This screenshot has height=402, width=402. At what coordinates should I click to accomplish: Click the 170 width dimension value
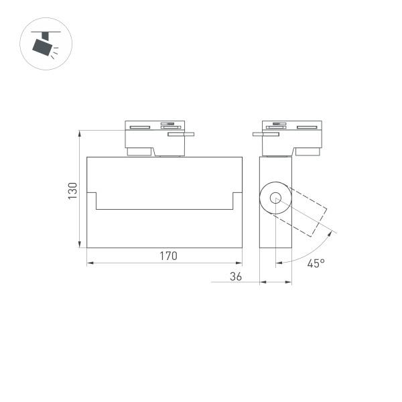(167, 255)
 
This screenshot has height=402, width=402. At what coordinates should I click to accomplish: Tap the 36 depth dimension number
(235, 275)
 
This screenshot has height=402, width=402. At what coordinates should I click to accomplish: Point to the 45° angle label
(316, 263)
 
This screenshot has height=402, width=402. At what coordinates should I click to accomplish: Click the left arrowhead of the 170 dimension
(90, 263)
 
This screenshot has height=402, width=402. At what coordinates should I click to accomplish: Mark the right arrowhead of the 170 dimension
(239, 263)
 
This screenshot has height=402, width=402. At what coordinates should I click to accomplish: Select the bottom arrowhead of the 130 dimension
(80, 245)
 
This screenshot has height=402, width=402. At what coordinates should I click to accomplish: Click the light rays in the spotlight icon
(56, 48)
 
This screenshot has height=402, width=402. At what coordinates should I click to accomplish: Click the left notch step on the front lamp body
(95, 201)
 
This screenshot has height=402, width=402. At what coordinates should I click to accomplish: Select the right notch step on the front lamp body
(234, 201)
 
